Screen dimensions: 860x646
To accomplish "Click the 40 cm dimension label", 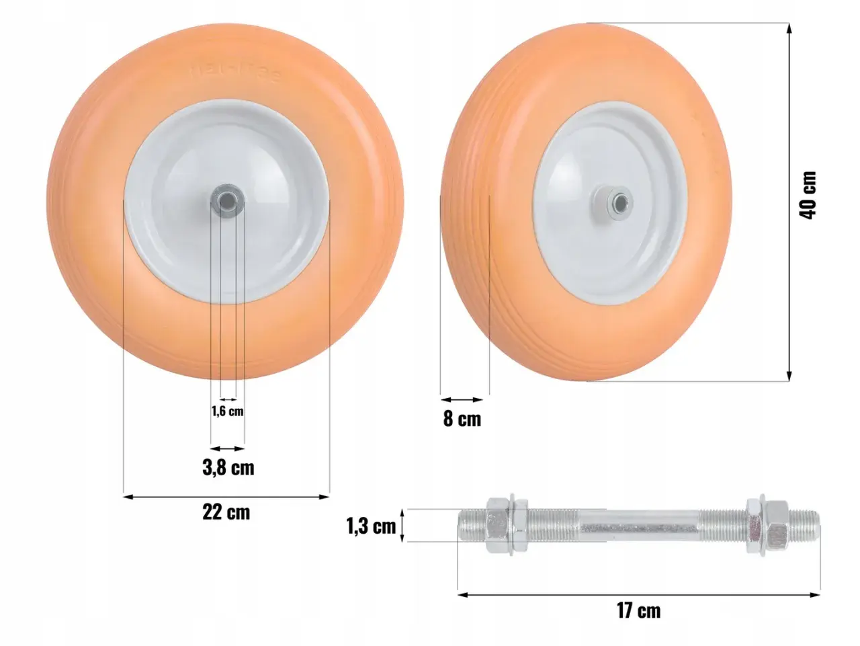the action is pos(808,195).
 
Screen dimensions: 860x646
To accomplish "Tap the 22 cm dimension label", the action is pos(226,512).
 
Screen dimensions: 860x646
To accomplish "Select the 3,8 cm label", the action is pos(228,468).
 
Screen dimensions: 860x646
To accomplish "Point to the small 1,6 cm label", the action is pos(228,411).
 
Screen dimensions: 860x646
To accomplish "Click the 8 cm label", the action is pos(462,419).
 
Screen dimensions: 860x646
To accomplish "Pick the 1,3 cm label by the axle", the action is pos(371,526).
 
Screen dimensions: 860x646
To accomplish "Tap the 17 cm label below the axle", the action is pos(639,611).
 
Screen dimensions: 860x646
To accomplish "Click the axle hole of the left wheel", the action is pos(226,202).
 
